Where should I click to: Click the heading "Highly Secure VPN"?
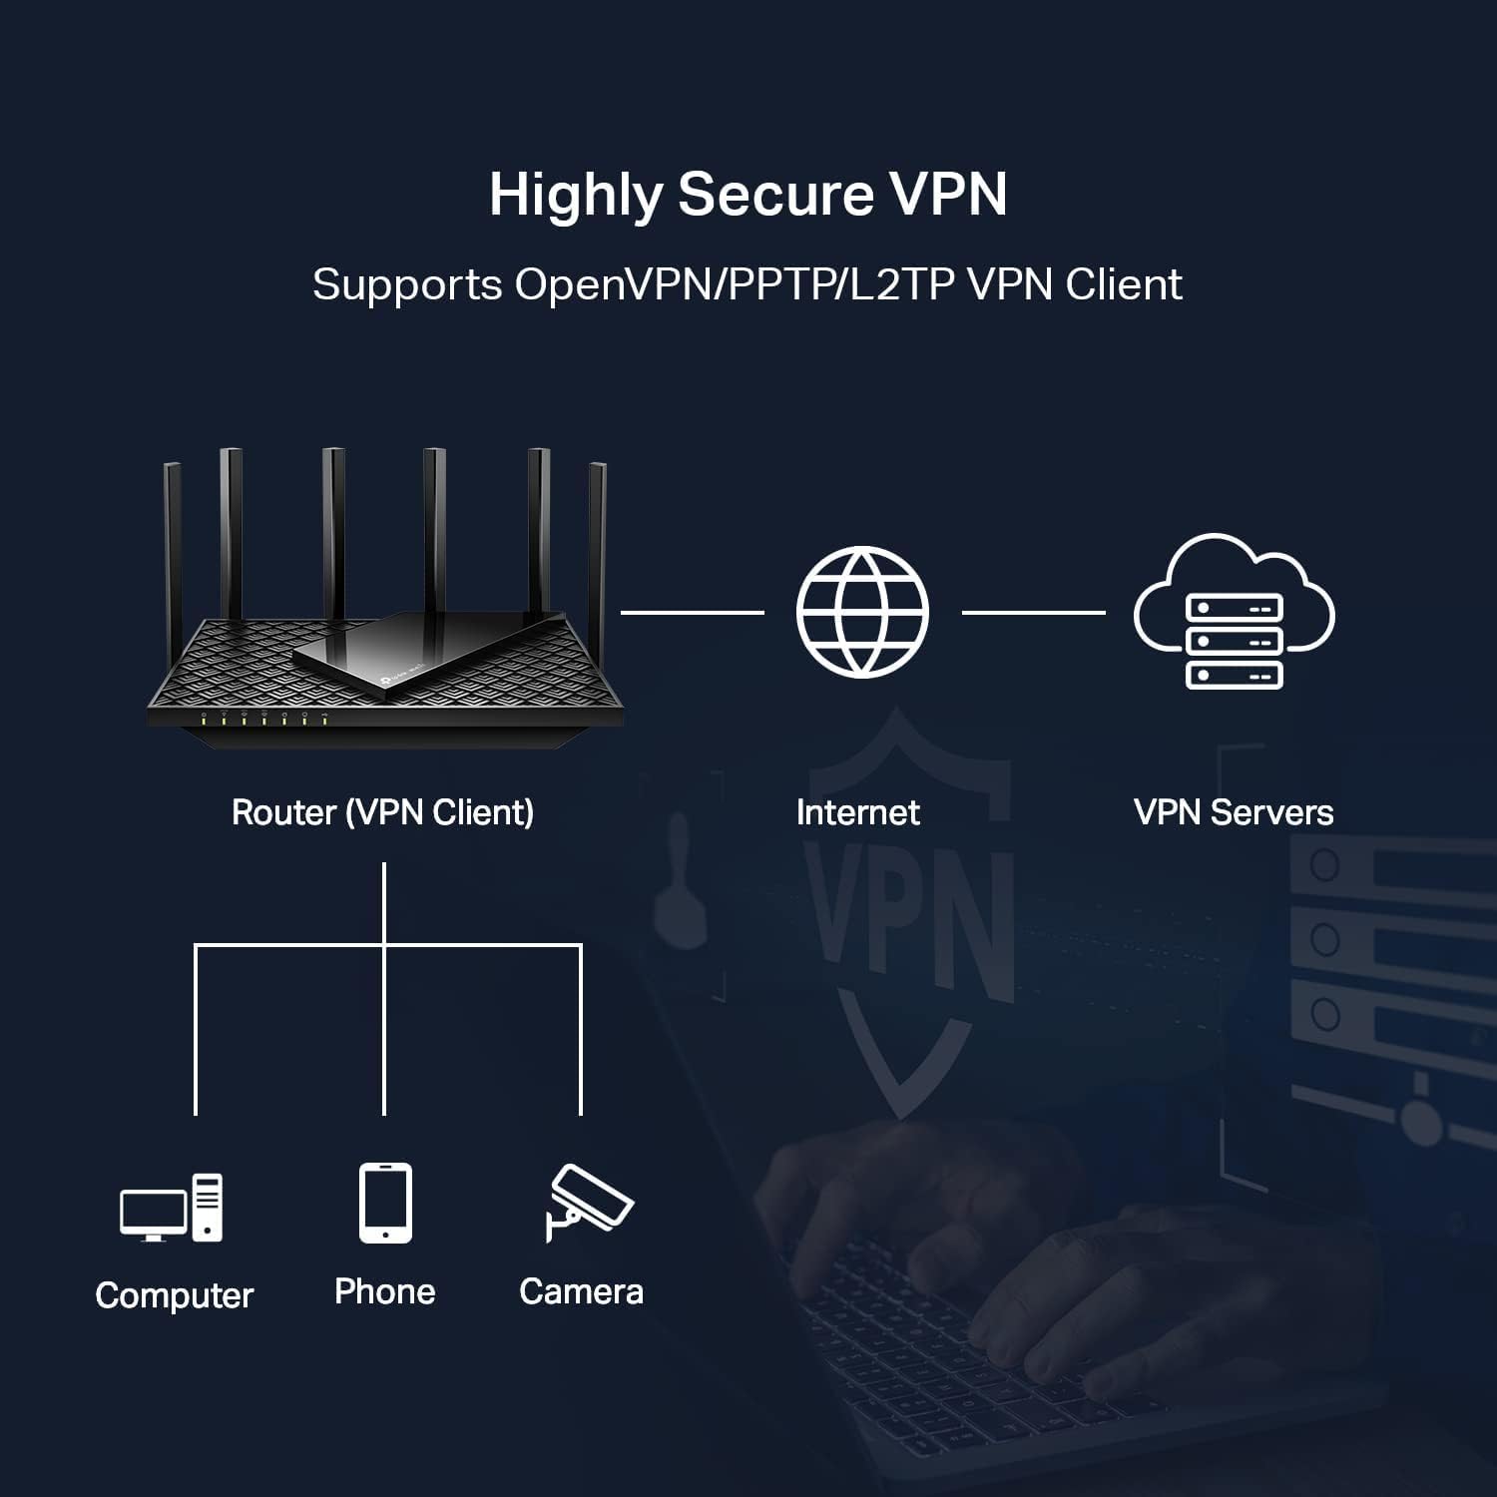pyautogui.click(x=748, y=195)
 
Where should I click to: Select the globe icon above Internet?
pyautogui.click(x=862, y=612)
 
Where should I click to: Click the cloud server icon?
pyautogui.click(x=1234, y=612)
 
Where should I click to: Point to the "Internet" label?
pyautogui.click(x=857, y=812)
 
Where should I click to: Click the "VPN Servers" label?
pyautogui.click(x=1234, y=812)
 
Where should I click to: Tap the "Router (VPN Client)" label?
pyautogui.click(x=382, y=812)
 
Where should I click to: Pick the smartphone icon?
pyautogui.click(x=385, y=1203)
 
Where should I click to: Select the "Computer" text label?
pyautogui.click(x=175, y=1295)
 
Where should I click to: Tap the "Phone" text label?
pyautogui.click(x=385, y=1291)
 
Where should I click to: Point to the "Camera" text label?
pyautogui.click(x=581, y=1291)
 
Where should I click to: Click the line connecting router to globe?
pyautogui.click(x=692, y=612)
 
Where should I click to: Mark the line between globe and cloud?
pyautogui.click(x=1033, y=612)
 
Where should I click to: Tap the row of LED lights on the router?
pyautogui.click(x=264, y=718)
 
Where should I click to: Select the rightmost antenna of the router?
pyautogui.click(x=597, y=539)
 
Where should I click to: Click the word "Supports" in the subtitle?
pyautogui.click(x=407, y=285)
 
